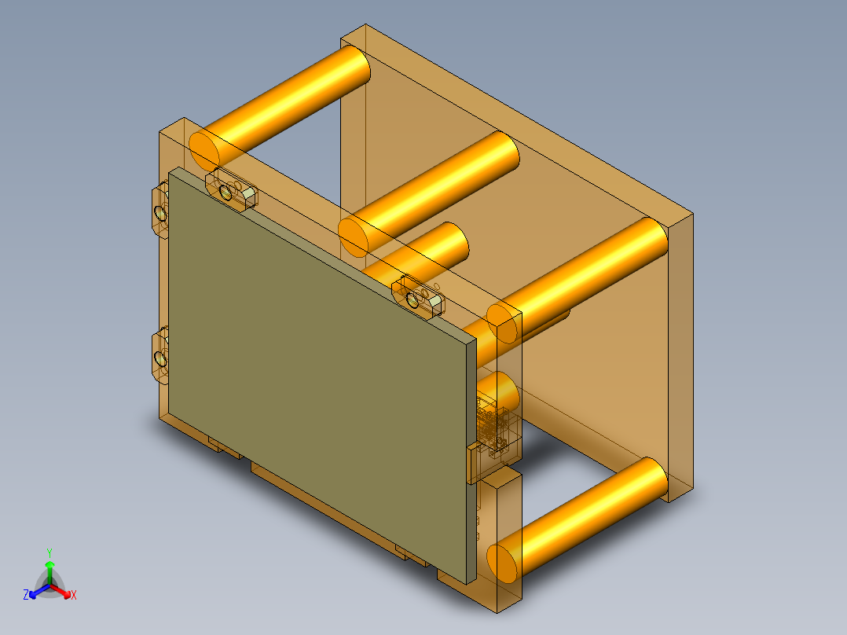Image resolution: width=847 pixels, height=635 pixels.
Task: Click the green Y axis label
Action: [x=49, y=552]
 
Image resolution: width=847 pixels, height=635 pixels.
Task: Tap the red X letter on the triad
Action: [x=74, y=596]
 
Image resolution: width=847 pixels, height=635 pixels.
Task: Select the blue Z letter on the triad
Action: [x=26, y=596]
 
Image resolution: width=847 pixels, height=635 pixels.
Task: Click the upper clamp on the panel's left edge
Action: [x=159, y=211]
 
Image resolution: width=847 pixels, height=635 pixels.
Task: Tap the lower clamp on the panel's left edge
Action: [x=159, y=358]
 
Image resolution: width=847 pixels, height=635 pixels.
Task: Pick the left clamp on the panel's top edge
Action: [x=230, y=189]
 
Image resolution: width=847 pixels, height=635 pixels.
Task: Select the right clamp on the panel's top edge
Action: [x=421, y=296]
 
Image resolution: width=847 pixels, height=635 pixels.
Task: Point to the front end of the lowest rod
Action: [x=503, y=560]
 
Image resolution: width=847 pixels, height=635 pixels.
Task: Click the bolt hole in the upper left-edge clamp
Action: [x=160, y=212]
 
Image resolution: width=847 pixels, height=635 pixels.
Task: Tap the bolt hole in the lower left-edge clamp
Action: [x=160, y=360]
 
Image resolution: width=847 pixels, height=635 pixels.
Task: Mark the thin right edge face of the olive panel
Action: [x=471, y=464]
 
